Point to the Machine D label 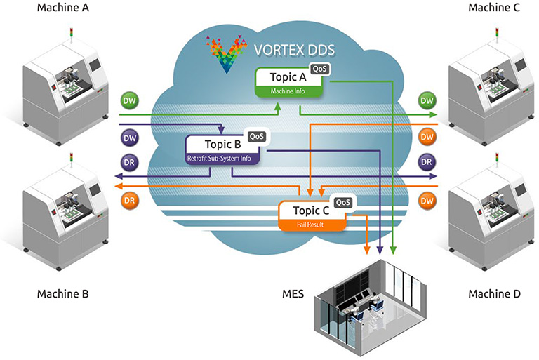click(x=494, y=293)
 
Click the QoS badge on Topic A click(x=319, y=69)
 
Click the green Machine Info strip click(x=288, y=91)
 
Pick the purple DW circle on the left click(x=128, y=138)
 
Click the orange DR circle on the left click(x=128, y=199)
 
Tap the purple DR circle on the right click(x=426, y=162)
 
